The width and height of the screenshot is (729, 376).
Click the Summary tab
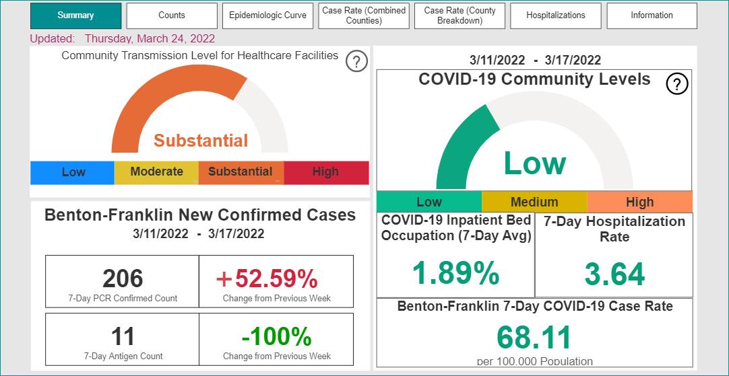(x=75, y=15)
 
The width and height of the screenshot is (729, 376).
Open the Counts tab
(x=172, y=15)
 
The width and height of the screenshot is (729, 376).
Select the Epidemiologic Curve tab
(x=267, y=15)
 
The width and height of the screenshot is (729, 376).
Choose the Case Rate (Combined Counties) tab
(x=364, y=15)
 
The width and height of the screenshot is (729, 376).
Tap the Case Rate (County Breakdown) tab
(x=459, y=15)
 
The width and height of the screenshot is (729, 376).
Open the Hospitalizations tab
(x=556, y=15)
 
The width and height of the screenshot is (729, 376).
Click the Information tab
(x=652, y=15)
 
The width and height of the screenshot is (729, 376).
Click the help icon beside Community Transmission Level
(x=356, y=61)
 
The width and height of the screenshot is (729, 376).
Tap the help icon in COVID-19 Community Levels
(x=677, y=84)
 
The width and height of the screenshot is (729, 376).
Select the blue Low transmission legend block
(x=73, y=173)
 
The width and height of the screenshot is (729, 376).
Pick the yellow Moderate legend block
(x=157, y=173)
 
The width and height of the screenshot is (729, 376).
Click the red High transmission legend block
(x=326, y=173)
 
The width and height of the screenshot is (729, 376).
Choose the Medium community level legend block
(x=534, y=202)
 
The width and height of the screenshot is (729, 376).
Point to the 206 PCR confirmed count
(x=123, y=278)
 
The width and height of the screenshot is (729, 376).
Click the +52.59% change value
(x=267, y=278)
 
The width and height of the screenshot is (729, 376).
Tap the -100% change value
(x=277, y=336)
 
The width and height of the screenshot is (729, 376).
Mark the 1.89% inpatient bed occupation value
(x=456, y=273)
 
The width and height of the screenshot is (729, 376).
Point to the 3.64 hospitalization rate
(x=614, y=274)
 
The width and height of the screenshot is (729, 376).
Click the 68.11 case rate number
(x=534, y=338)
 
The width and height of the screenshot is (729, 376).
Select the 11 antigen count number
(x=123, y=336)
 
